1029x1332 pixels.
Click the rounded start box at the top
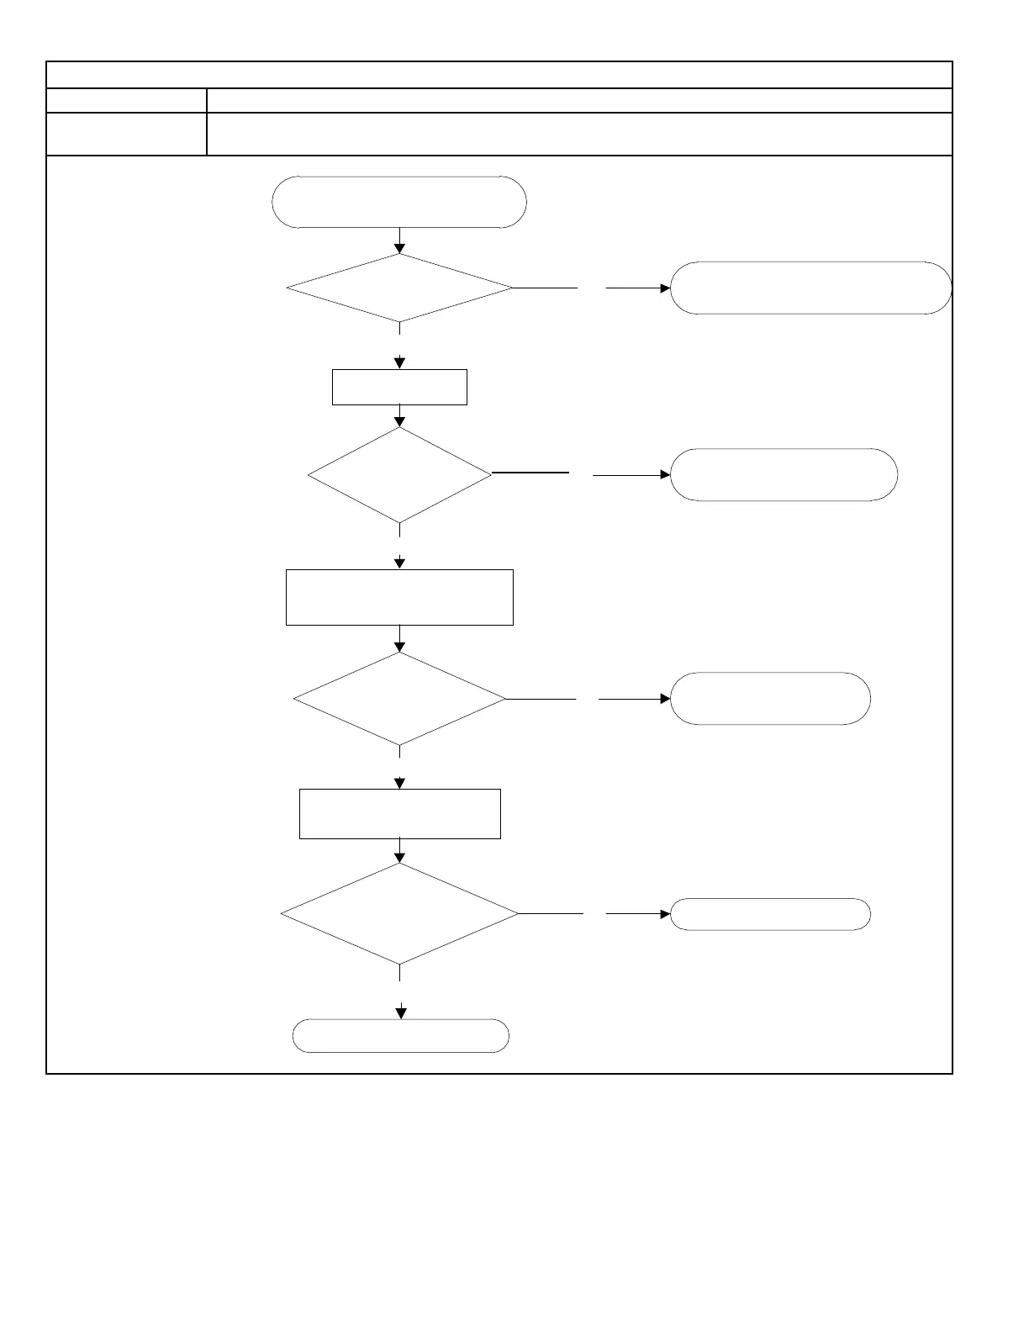click(399, 202)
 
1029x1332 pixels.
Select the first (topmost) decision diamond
click(399, 288)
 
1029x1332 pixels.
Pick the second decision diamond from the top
click(399, 475)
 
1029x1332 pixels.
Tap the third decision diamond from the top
click(399, 699)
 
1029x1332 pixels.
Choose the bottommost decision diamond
click(399, 913)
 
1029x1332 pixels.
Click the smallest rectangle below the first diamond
click(399, 387)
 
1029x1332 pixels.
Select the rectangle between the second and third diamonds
click(399, 597)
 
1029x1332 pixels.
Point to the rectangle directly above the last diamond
click(399, 813)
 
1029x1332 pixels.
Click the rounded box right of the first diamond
click(810, 288)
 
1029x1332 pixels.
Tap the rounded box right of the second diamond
click(784, 475)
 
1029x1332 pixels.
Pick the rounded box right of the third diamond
click(770, 699)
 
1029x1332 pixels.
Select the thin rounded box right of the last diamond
click(770, 913)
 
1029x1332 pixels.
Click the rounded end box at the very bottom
click(400, 1036)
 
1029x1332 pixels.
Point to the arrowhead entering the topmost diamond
click(400, 248)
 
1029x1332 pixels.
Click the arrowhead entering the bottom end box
click(401, 1013)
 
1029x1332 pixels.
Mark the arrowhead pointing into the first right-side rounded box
click(665, 288)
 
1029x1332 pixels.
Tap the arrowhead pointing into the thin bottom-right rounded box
click(665, 913)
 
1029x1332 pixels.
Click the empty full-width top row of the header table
click(499, 75)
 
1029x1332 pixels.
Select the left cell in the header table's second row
click(126, 101)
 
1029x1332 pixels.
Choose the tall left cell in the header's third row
click(126, 134)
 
